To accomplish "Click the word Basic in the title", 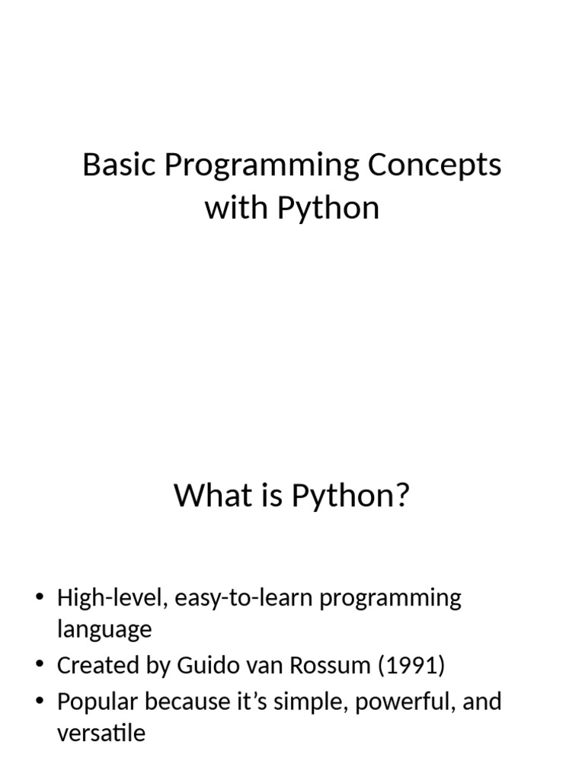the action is click(119, 165).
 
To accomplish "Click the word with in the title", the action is click(237, 207).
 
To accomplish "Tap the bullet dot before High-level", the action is click(40, 596).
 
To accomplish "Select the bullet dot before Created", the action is click(40, 664).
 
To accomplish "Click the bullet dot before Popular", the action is click(40, 701).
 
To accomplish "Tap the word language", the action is click(104, 631).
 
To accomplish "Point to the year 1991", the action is click(411, 665).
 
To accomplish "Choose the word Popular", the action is click(97, 702).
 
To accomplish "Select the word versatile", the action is click(101, 734).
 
